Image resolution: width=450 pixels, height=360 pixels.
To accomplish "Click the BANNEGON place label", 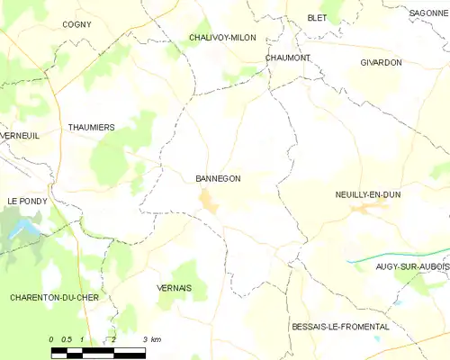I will (218, 178).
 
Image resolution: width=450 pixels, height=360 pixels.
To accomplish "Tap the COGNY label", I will (76, 24).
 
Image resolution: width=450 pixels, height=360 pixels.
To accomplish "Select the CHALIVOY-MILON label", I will (222, 38).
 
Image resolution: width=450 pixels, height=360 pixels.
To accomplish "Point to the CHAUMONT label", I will (288, 58).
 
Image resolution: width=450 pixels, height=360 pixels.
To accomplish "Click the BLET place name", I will (317, 17).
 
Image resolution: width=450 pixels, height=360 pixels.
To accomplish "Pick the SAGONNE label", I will (428, 13).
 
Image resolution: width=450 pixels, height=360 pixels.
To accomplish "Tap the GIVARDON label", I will (381, 62).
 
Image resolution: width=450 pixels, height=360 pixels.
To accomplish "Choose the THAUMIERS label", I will (92, 128).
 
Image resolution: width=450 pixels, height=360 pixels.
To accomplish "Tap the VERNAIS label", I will (174, 288).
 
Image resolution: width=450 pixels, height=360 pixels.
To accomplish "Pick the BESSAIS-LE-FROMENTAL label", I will (340, 327).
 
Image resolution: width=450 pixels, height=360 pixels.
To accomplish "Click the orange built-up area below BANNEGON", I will (209, 202).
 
